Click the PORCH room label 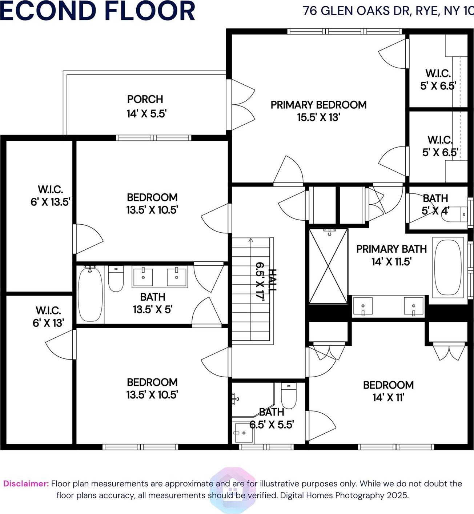(145, 99)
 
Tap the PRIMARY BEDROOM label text (318, 105)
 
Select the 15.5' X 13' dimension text (318, 117)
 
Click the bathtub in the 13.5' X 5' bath (90, 294)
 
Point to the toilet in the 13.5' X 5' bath (116, 279)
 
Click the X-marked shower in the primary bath (328, 266)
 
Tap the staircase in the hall (251, 291)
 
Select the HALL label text (272, 280)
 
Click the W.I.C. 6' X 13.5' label (50, 196)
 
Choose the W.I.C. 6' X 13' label (48, 317)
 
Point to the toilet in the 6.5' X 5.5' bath (289, 396)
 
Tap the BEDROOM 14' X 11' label (388, 391)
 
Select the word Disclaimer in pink (26, 483)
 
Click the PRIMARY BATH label (391, 249)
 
